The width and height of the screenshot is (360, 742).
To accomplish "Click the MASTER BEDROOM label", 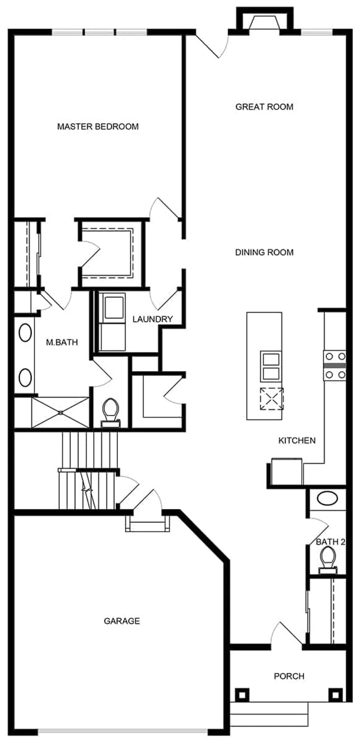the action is [x=98, y=126].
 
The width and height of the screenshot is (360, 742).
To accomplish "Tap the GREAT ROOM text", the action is [x=264, y=107].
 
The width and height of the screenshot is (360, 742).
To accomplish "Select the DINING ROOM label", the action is [x=264, y=252].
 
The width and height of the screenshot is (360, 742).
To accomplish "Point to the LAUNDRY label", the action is [x=152, y=319].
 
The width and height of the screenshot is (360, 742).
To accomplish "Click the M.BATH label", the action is [x=62, y=342].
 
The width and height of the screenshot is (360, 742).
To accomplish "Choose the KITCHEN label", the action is [x=297, y=440].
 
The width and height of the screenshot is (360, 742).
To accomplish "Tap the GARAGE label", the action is [x=122, y=621].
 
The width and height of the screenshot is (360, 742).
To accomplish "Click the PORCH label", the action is [x=289, y=676].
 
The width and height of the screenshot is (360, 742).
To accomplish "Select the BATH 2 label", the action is [x=330, y=542].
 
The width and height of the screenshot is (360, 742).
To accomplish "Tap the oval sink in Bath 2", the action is [x=327, y=498].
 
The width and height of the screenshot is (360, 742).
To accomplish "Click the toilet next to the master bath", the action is [x=111, y=413].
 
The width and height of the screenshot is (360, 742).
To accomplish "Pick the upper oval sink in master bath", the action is [x=25, y=333].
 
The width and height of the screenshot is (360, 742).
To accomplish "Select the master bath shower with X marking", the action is [x=61, y=413].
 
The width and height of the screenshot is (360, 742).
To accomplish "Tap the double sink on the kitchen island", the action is [x=270, y=366].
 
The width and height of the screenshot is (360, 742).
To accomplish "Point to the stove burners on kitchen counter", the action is [x=335, y=365].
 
